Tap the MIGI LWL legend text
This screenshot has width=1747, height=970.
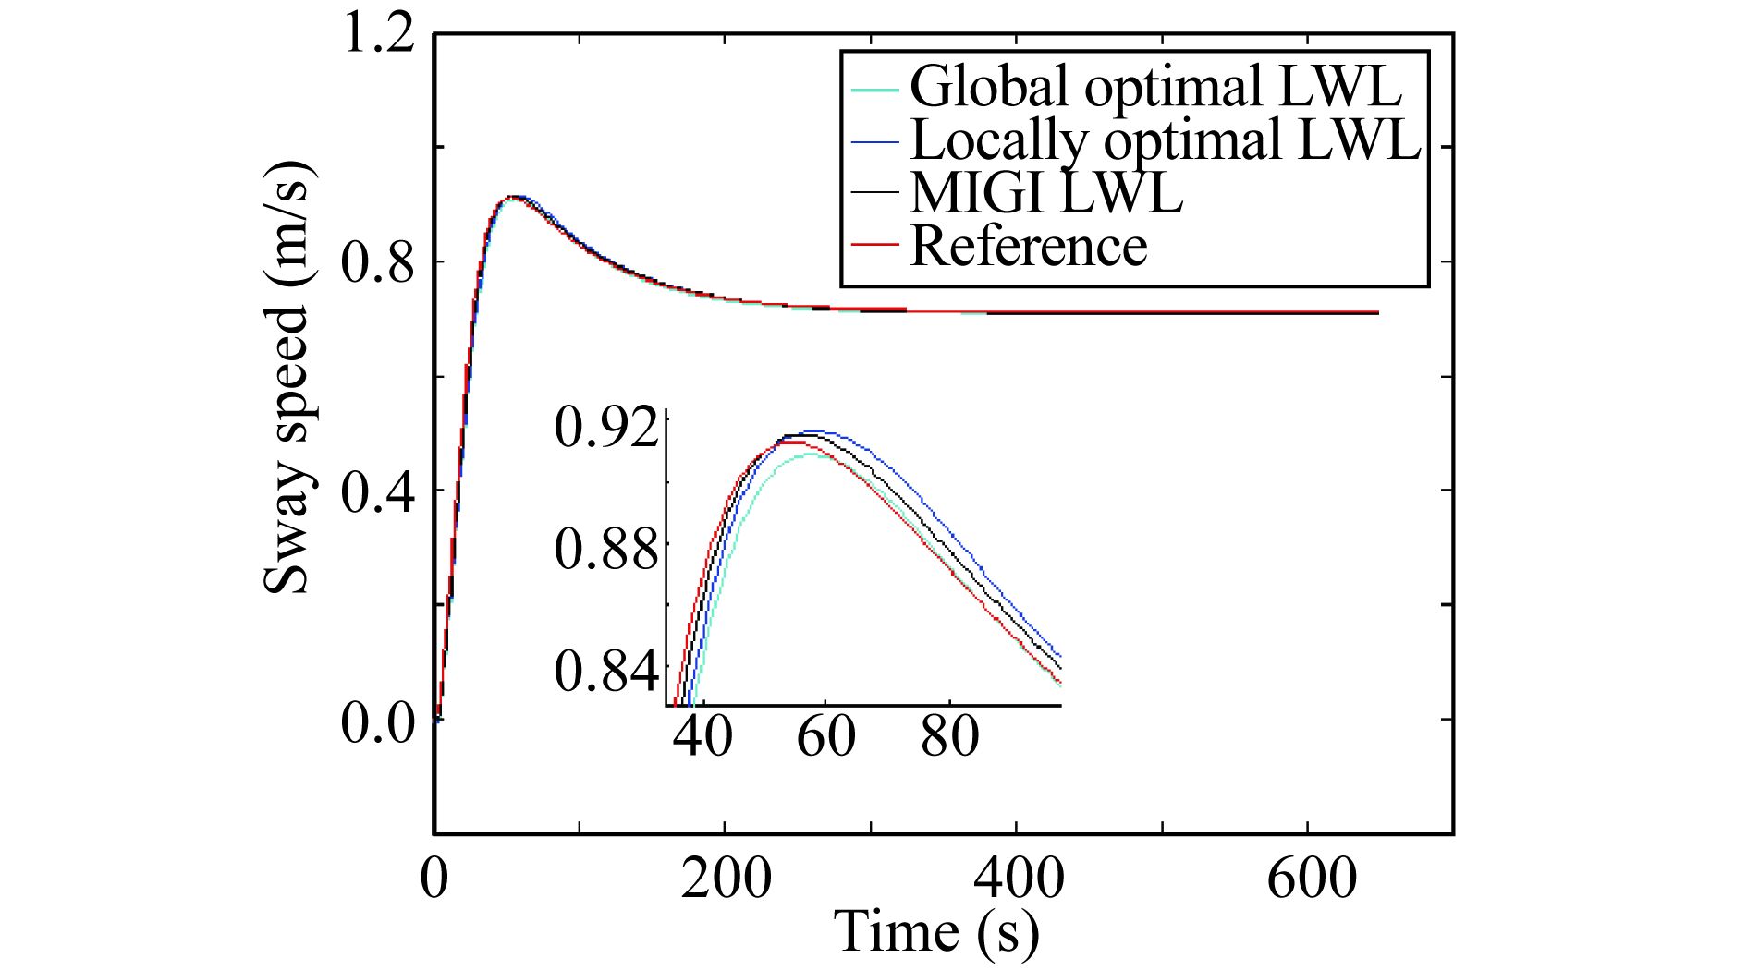pos(1045,193)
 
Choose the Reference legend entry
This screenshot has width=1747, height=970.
pos(1028,246)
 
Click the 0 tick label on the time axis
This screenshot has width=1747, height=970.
pos(434,879)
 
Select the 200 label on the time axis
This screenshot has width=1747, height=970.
pos(726,879)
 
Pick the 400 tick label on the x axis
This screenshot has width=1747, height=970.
pos(1018,879)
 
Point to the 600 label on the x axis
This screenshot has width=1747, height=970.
pos(1310,879)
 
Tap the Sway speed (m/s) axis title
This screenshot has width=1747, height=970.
pos(287,379)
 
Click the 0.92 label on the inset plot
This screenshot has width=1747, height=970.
pos(607,430)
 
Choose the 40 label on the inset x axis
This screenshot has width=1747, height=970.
pos(703,736)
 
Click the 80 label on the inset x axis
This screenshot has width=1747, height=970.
pos(949,736)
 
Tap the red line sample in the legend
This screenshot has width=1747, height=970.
pos(874,245)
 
